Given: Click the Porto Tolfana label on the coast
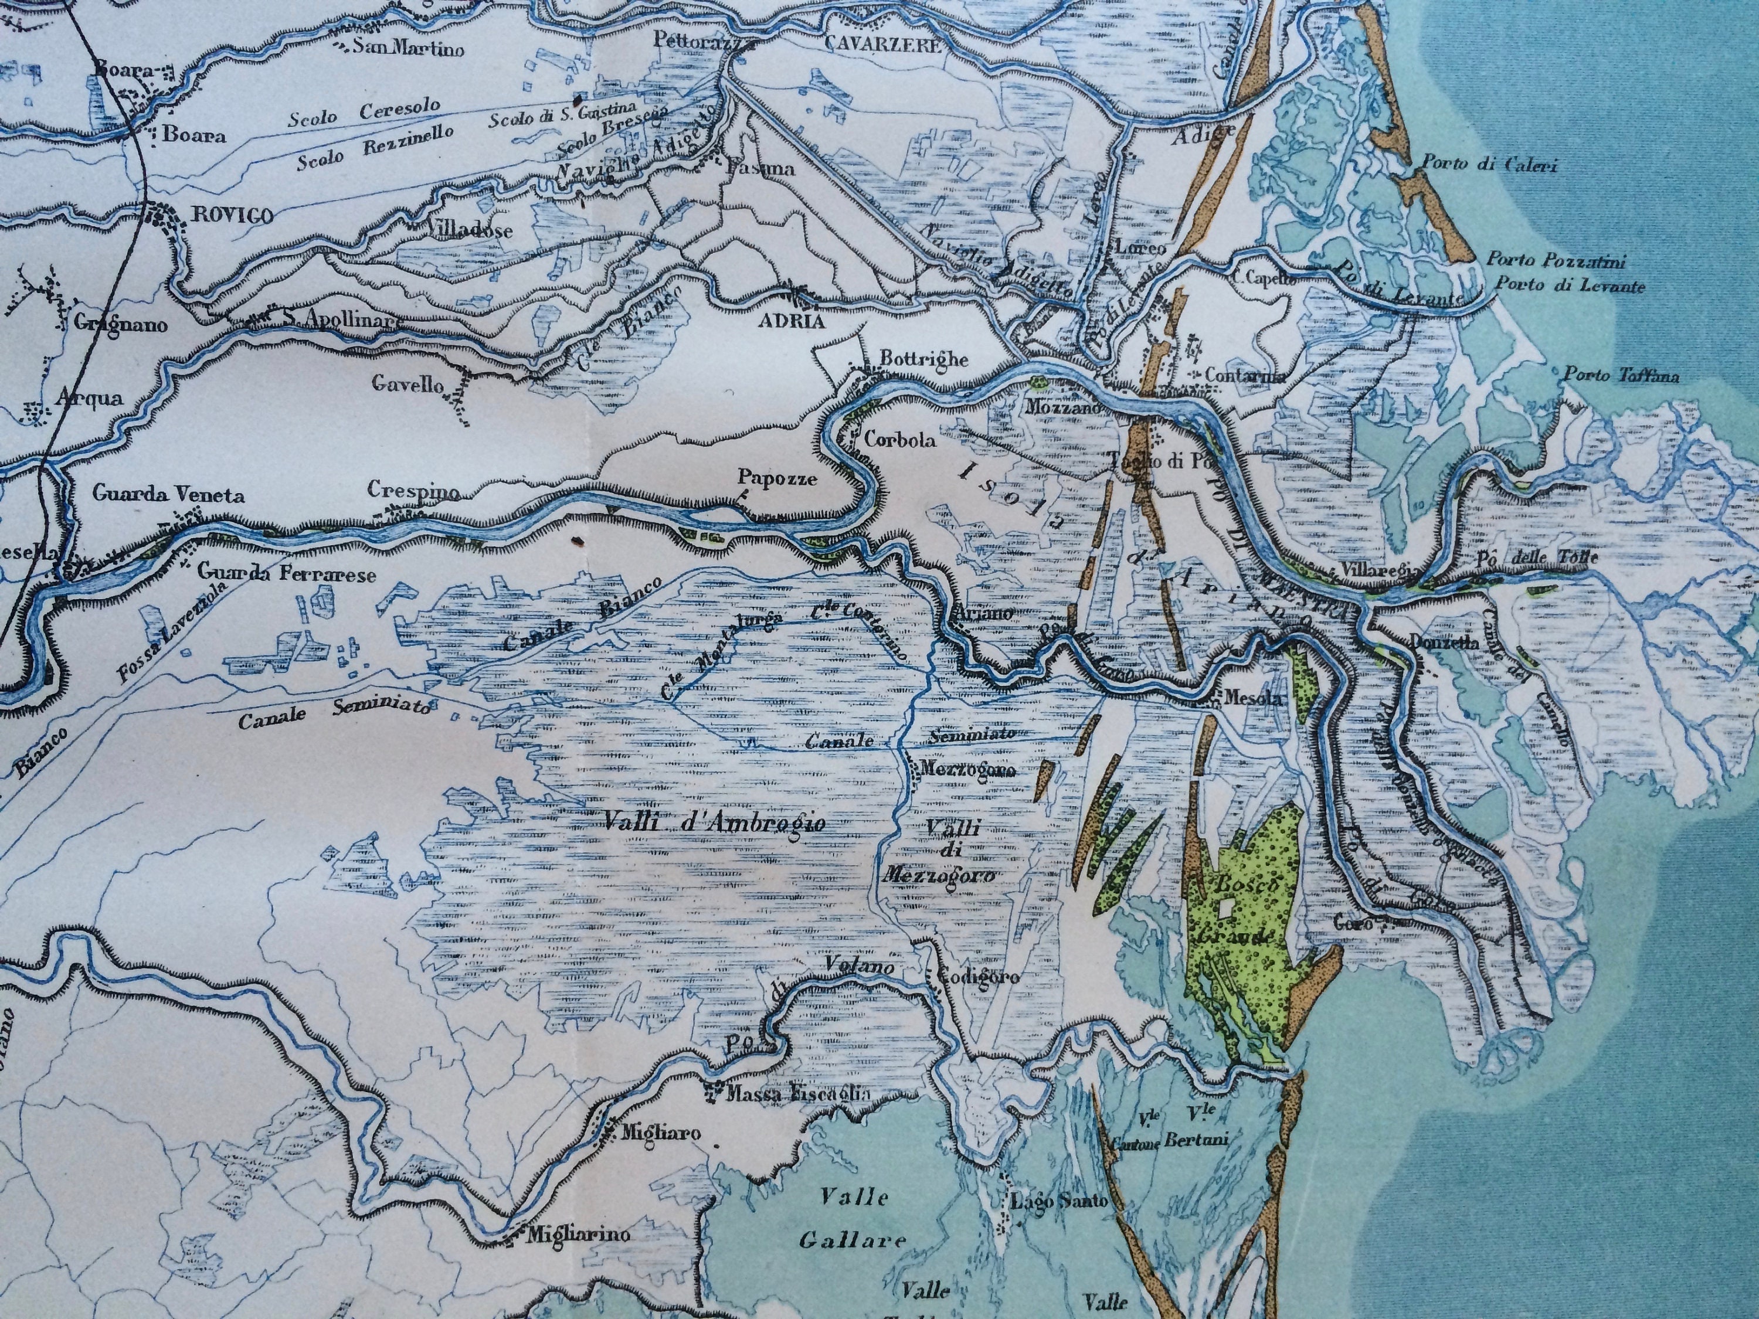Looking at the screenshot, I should click(x=1621, y=376).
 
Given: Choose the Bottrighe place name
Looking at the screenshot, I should click(x=922, y=359).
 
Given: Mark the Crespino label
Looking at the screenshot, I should click(x=413, y=489).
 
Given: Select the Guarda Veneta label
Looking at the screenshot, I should click(x=168, y=495).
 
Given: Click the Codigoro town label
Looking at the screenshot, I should click(x=978, y=977).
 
